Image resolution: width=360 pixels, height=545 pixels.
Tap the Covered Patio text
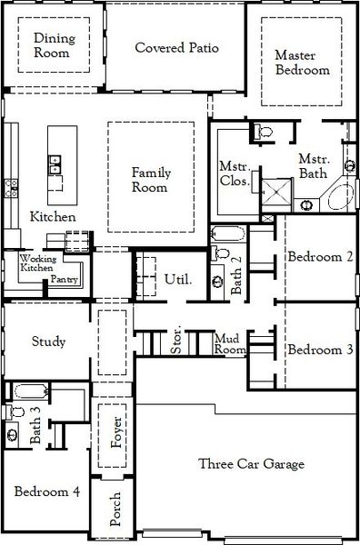pos(178,47)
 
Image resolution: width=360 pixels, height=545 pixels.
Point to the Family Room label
pos(150,179)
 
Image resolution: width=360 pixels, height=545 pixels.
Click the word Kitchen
pos(53,217)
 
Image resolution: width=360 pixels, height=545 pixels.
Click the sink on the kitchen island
pos(55,164)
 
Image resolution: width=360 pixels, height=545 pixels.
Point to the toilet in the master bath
pos(265,134)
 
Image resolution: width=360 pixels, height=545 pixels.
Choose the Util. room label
pos(177,279)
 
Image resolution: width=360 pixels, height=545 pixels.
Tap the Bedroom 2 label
pos(320,256)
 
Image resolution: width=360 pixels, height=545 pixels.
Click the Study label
pos(47,342)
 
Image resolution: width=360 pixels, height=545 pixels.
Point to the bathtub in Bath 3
pos(30,393)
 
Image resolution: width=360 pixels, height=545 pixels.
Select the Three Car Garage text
pos(251,464)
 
